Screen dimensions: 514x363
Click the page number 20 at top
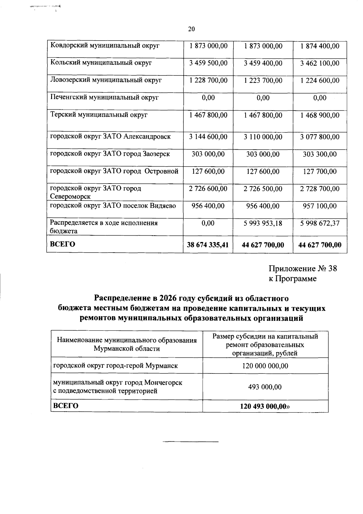click(191, 29)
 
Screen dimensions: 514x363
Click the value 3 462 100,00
click(320, 63)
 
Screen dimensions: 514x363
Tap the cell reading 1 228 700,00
click(208, 81)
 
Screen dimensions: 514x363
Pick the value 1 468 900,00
click(320, 115)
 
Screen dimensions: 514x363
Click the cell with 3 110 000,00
click(263, 137)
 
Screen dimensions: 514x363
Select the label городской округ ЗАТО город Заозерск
click(110, 154)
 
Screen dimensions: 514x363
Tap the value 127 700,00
click(320, 171)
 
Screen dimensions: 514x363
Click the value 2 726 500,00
click(263, 189)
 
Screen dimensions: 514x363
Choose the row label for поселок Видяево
click(113, 206)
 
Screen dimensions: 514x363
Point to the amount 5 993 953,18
click(263, 224)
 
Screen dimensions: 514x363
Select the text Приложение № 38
click(303, 269)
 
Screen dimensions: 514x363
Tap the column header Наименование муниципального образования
click(127, 340)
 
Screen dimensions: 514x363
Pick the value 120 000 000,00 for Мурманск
click(265, 366)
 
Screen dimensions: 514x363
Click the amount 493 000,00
click(265, 387)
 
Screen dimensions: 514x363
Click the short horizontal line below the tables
click(191, 442)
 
